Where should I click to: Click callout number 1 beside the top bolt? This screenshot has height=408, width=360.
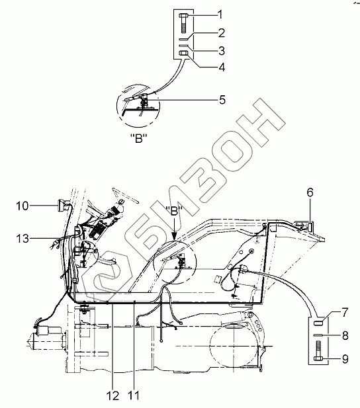(220, 15)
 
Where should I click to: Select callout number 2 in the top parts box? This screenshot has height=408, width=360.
(221, 33)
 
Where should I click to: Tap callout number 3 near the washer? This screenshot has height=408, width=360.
(222, 51)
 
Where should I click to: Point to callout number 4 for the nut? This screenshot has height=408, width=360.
(222, 67)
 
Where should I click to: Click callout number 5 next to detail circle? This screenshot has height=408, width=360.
(222, 100)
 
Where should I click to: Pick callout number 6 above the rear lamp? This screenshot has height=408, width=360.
(310, 192)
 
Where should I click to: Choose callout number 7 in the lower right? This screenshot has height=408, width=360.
(345, 313)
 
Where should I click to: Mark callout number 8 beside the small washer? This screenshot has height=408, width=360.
(345, 336)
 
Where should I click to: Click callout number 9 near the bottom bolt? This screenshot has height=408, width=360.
(345, 359)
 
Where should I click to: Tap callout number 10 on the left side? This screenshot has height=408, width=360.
(22, 206)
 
